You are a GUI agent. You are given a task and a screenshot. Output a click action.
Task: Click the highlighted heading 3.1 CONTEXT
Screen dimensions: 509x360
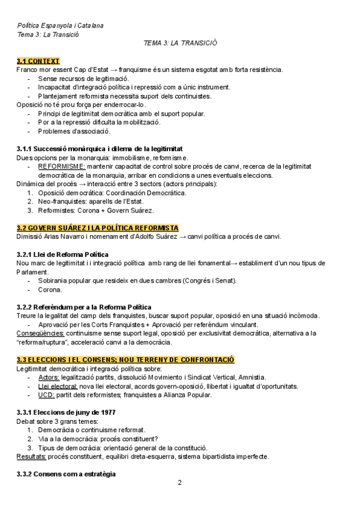tap(38, 61)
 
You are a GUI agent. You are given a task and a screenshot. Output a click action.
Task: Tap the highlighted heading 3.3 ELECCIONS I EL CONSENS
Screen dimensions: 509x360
tap(125, 360)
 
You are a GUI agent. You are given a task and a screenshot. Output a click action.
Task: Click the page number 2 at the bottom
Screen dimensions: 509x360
tap(179, 482)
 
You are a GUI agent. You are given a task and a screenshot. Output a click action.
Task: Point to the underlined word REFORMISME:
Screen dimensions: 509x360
tap(62, 166)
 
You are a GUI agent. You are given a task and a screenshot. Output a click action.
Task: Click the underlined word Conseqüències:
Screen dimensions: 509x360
tap(40, 333)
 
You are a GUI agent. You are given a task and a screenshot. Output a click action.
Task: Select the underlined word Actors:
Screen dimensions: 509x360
tap(49, 377)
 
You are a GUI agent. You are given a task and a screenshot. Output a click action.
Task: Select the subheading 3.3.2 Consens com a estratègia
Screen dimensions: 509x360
tap(66, 474)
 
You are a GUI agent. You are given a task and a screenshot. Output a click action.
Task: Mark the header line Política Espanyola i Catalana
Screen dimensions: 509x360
tap(59, 26)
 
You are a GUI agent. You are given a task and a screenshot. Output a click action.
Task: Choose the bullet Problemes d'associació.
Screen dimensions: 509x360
tap(74, 131)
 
